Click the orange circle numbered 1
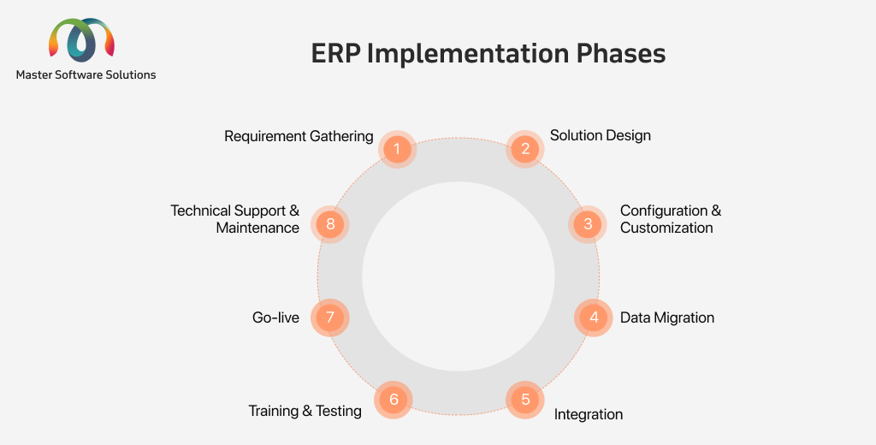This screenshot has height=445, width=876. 397,149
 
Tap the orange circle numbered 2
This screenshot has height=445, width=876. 525,149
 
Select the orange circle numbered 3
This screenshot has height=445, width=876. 588,224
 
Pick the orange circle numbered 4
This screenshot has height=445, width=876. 594,317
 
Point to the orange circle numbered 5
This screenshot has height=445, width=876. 525,400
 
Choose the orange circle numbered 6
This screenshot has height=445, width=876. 394,400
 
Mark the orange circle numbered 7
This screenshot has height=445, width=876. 329,317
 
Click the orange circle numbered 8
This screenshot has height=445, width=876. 329,224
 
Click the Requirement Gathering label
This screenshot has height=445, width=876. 299,136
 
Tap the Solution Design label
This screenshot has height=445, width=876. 601,136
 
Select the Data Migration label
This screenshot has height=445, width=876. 667,317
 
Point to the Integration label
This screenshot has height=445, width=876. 589,414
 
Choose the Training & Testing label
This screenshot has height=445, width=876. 305,411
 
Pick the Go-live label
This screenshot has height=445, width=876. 276,317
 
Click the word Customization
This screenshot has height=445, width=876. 666,228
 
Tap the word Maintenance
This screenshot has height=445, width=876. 257,228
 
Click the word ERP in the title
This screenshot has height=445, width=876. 335,54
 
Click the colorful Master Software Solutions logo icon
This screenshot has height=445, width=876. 81,40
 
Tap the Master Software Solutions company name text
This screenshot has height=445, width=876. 86,75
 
